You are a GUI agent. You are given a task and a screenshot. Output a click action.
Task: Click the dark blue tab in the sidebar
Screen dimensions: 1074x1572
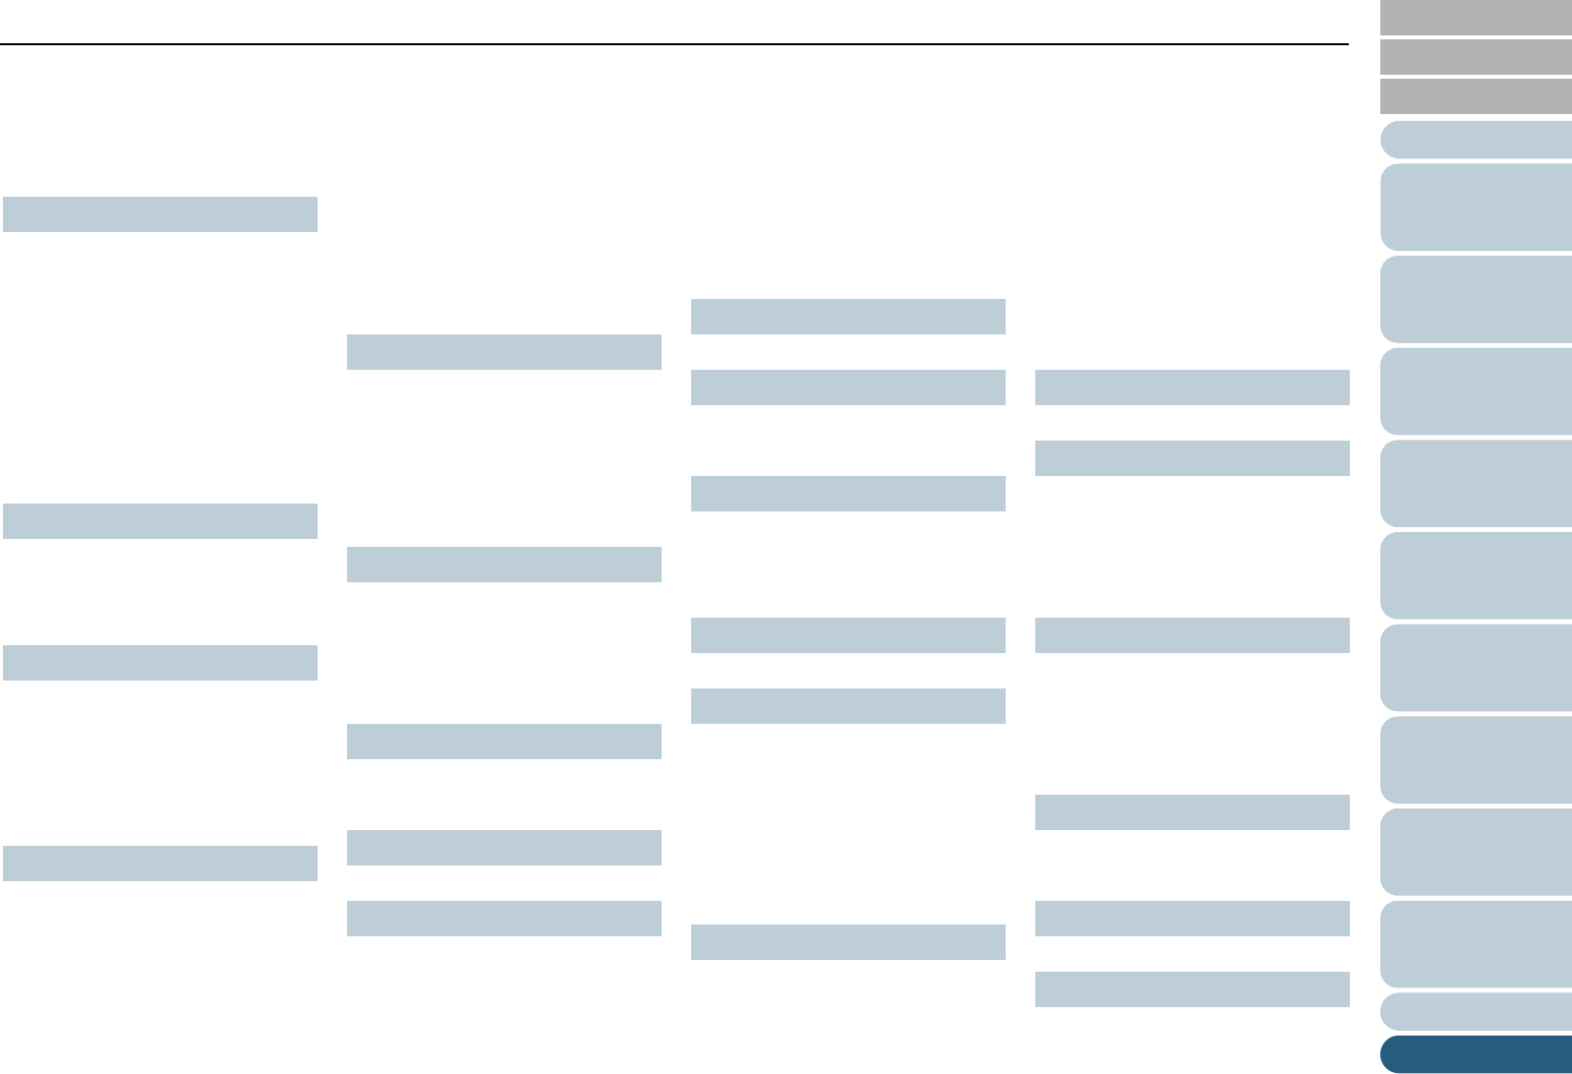coord(1476,1053)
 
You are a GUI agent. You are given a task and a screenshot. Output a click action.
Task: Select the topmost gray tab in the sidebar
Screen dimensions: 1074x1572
coord(1476,18)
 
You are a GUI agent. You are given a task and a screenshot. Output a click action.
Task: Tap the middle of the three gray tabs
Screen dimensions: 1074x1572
coord(1476,57)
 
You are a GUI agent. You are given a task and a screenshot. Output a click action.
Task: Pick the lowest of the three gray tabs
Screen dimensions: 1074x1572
coord(1476,96)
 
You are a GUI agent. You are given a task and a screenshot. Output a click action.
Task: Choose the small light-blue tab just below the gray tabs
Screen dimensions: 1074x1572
coord(1476,140)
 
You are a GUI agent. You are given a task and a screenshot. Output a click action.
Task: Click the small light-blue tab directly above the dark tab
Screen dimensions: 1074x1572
coord(1476,1011)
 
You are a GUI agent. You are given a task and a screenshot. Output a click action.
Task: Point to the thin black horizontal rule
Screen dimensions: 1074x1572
coord(673,44)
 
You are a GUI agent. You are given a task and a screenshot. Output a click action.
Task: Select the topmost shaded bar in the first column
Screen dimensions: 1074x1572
coord(160,214)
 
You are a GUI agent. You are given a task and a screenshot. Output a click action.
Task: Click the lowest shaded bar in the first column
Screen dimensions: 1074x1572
coord(160,864)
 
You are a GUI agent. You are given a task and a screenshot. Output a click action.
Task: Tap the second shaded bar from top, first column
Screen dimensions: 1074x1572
coord(160,521)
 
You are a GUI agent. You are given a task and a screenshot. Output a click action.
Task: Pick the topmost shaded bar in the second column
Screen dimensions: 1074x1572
coord(504,352)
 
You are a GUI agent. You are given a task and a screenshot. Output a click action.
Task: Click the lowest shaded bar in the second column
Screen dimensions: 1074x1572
coord(504,919)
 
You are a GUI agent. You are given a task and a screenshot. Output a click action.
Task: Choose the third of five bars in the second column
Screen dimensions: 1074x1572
coord(504,742)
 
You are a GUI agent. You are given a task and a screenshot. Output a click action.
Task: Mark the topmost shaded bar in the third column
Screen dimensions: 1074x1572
coord(848,317)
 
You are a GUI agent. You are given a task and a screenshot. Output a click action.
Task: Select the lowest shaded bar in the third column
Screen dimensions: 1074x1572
coord(848,942)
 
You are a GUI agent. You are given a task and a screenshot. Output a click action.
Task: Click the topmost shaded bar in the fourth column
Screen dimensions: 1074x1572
coord(1193,388)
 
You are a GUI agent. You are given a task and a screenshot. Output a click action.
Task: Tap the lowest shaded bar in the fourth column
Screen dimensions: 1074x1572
coord(1193,989)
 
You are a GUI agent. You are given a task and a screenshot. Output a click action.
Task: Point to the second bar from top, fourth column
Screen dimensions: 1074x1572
coord(1193,458)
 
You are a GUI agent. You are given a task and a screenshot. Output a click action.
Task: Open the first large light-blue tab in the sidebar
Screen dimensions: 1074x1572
coord(1476,207)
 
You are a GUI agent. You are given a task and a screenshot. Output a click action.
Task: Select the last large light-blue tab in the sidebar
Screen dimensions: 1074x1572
coord(1476,944)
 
